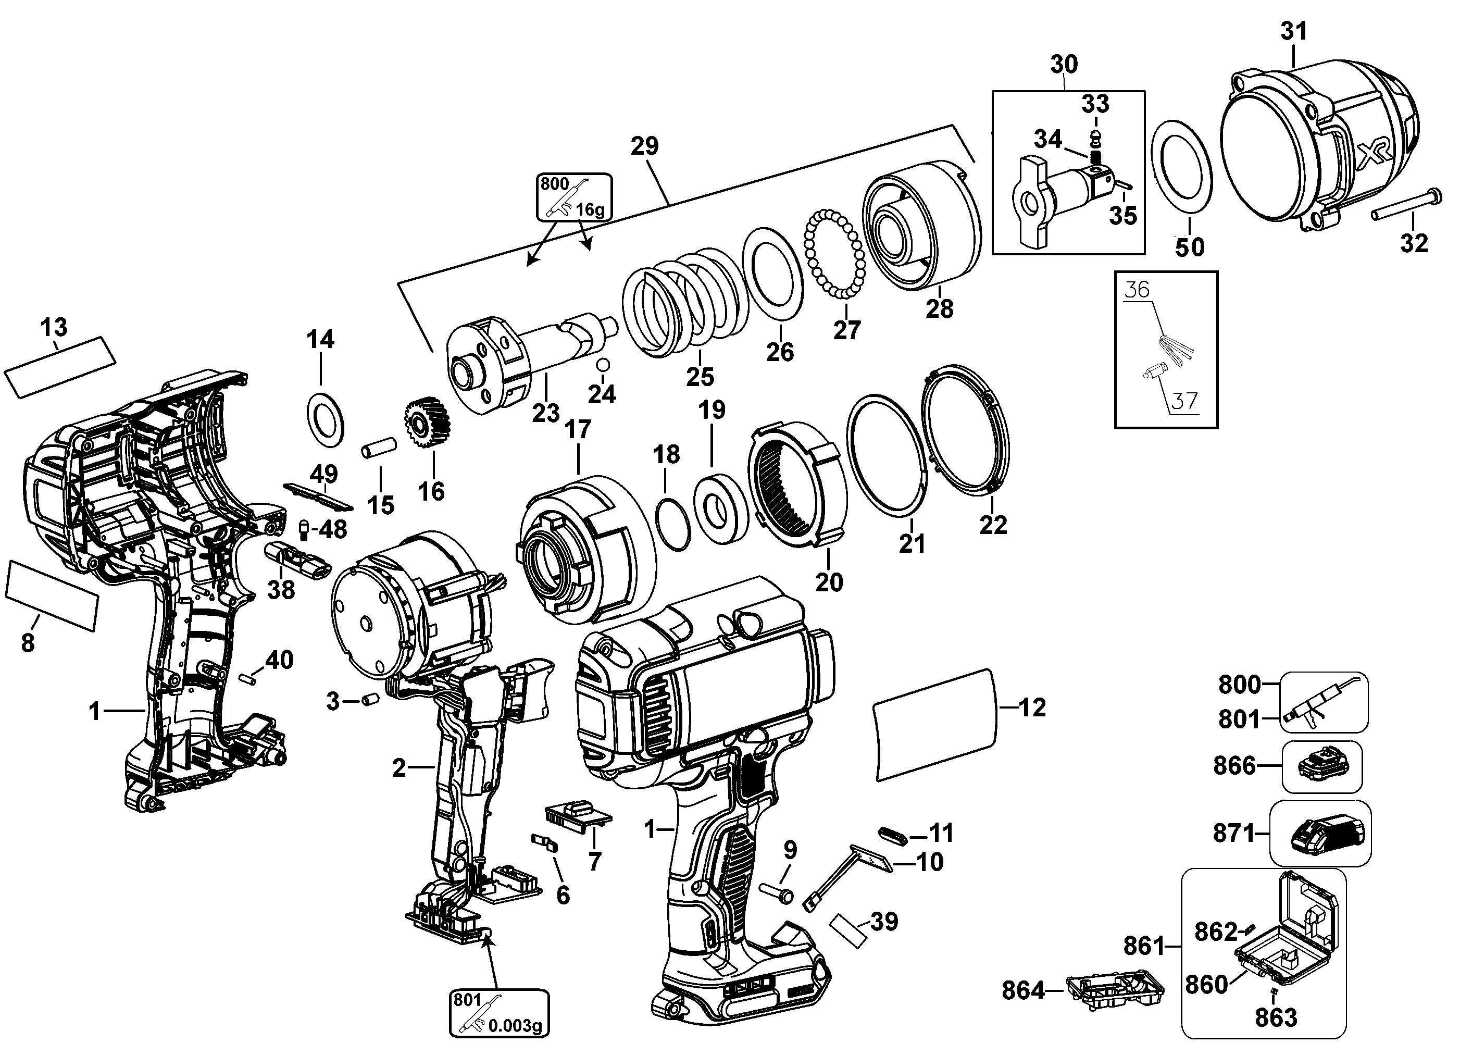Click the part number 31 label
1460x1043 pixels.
pos(1293,31)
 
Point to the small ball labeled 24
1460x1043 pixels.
pos(602,365)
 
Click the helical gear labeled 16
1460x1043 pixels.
pos(426,425)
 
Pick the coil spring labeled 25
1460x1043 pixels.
pos(685,304)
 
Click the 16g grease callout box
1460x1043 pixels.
pos(573,196)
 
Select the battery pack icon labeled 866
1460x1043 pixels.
pos(1322,766)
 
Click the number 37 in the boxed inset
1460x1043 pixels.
pos(1184,401)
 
